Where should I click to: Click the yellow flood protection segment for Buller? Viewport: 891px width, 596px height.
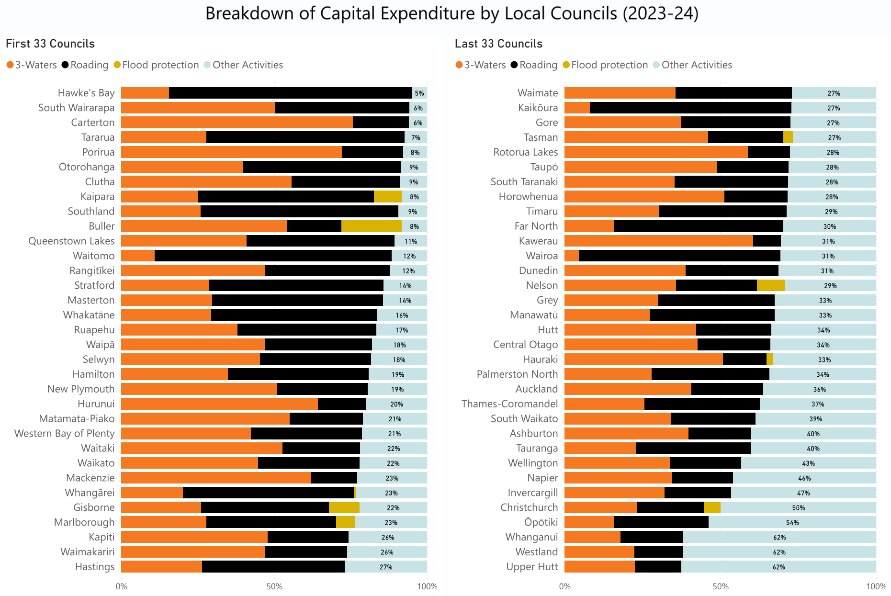pyautogui.click(x=371, y=226)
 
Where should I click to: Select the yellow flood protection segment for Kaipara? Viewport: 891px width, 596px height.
pyautogui.click(x=387, y=197)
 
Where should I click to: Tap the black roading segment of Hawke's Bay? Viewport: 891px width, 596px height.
pyautogui.click(x=290, y=93)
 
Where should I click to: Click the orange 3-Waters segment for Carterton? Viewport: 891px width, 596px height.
pyautogui.click(x=237, y=123)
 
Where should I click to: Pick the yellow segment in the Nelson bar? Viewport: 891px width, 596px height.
pyautogui.click(x=770, y=286)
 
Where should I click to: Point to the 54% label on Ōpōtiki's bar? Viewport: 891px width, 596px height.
pyautogui.click(x=792, y=523)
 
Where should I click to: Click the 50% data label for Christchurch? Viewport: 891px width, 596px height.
pyautogui.click(x=798, y=508)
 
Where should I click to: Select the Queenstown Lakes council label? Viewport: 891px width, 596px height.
pyautogui.click(x=71, y=241)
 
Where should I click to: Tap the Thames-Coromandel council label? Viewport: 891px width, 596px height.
pyautogui.click(x=509, y=404)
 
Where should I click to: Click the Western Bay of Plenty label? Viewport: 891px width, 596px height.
pyautogui.click(x=65, y=434)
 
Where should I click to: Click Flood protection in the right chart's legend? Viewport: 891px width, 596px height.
pyautogui.click(x=609, y=65)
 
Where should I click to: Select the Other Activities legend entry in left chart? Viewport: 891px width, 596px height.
pyautogui.click(x=247, y=65)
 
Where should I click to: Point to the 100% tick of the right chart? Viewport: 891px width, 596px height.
pyautogui.click(x=876, y=586)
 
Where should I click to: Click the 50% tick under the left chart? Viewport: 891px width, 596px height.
pyautogui.click(x=274, y=586)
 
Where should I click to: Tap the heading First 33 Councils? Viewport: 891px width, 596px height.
pyautogui.click(x=50, y=44)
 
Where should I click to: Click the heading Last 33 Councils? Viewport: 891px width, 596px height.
pyautogui.click(x=498, y=44)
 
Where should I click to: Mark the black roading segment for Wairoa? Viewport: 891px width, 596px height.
pyautogui.click(x=679, y=256)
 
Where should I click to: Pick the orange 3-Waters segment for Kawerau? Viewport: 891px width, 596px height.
pyautogui.click(x=658, y=241)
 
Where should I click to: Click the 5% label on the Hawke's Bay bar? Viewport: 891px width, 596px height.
pyautogui.click(x=419, y=93)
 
